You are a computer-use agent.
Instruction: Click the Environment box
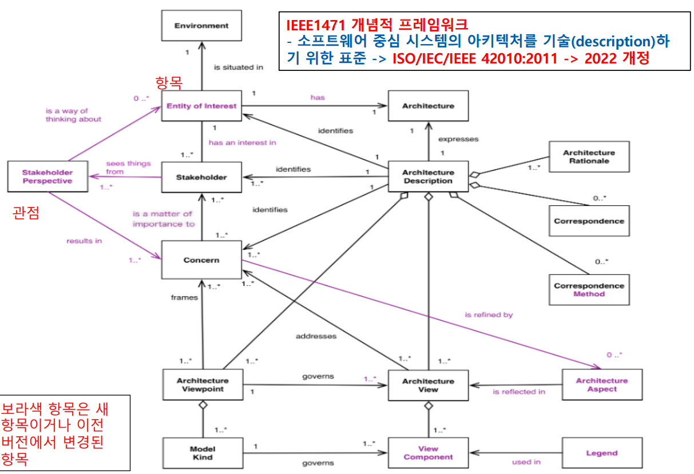coord(201,26)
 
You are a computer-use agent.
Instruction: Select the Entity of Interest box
coord(201,106)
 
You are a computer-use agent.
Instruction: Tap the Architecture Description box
coord(428,177)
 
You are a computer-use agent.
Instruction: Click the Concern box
coord(201,260)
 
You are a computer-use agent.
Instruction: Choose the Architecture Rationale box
coord(589,157)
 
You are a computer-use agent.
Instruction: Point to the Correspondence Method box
coord(589,290)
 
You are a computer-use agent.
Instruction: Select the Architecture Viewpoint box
coord(202,385)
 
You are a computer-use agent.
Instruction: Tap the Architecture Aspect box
coord(601,385)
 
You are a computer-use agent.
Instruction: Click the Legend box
coord(601,453)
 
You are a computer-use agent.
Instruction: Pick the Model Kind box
coord(202,453)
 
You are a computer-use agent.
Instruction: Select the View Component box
coord(428,453)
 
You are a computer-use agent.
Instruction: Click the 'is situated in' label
coord(239,67)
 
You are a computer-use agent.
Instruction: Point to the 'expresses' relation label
coord(458,139)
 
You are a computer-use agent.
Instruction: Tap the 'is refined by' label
coord(489,314)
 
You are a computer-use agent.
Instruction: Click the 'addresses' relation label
coord(316,336)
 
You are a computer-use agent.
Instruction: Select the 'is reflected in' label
coord(519,392)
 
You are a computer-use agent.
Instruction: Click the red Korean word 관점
coord(26,214)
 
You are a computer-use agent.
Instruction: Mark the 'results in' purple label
coord(84,241)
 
